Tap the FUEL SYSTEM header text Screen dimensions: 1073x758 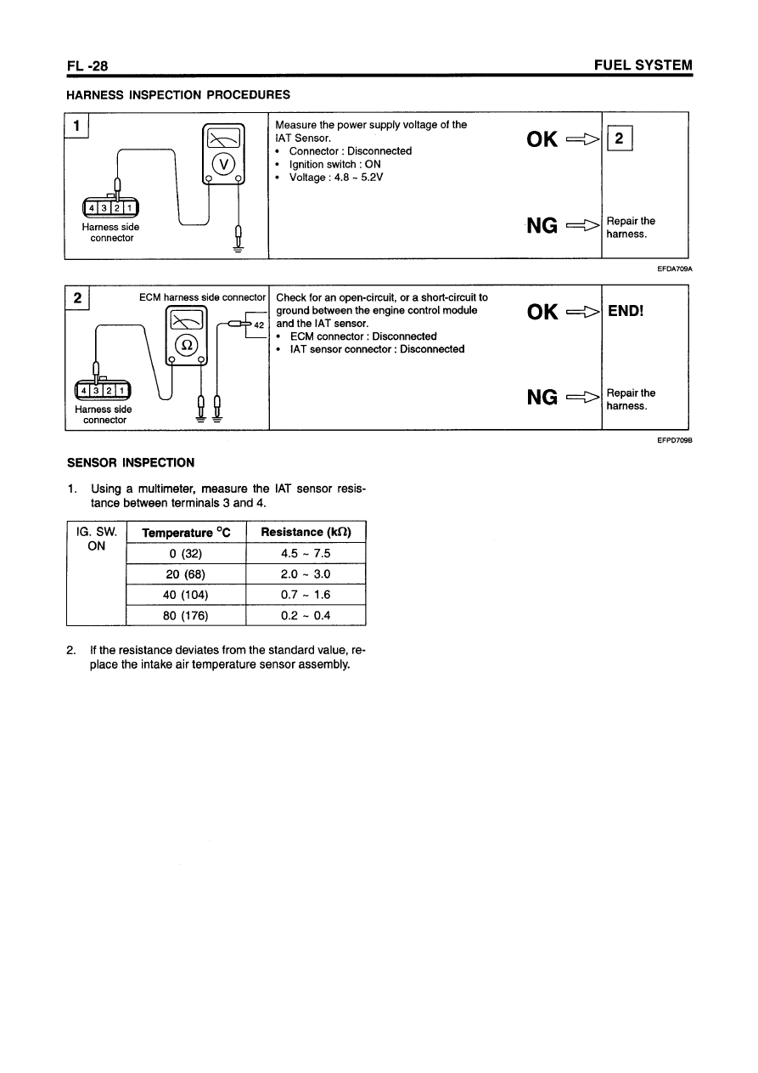(643, 65)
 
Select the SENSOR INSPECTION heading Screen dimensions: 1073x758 (131, 463)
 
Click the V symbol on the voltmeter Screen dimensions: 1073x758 (223, 164)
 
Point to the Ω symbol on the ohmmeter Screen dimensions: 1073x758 (187, 345)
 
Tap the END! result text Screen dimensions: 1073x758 (626, 311)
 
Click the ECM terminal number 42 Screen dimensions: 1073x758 (260, 325)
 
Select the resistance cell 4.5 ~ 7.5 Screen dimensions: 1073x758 (305, 554)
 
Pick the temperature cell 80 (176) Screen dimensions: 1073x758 (185, 615)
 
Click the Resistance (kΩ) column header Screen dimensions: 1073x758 (305, 533)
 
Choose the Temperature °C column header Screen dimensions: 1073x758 (185, 533)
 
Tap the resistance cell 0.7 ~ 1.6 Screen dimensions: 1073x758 (305, 595)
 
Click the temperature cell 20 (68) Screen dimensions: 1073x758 (185, 574)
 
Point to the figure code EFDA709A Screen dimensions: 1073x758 (675, 268)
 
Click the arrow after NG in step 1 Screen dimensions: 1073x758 (582, 225)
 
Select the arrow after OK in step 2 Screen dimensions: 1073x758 (582, 312)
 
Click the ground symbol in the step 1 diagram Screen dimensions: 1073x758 (239, 248)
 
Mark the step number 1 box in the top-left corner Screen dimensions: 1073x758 (78, 126)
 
